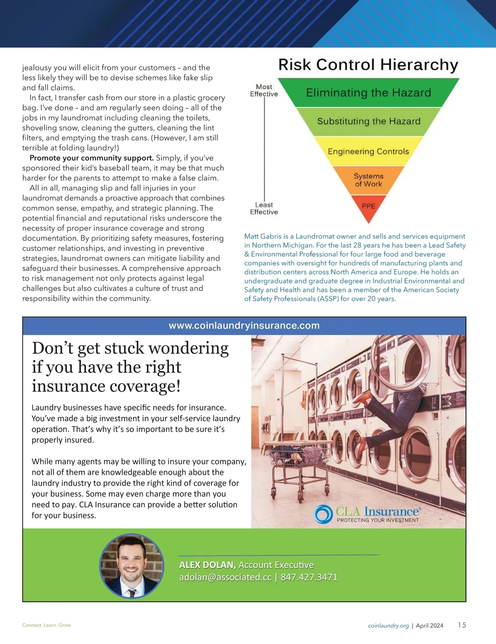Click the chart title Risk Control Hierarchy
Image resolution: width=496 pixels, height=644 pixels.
(x=368, y=65)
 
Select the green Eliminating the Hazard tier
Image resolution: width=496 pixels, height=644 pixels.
(x=368, y=93)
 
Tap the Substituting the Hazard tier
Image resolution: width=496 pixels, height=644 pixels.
(x=369, y=121)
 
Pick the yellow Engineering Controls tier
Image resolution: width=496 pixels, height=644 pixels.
(x=368, y=151)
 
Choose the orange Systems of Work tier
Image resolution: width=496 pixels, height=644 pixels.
(x=368, y=180)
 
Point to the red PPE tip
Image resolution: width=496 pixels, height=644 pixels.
(x=368, y=206)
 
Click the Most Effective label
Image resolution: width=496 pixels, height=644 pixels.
(x=264, y=91)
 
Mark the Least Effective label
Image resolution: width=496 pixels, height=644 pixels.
(x=264, y=208)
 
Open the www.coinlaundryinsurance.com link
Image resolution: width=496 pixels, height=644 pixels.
(x=244, y=326)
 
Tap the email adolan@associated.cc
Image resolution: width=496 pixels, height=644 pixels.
(x=225, y=577)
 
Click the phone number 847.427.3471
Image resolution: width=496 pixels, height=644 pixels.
(x=309, y=577)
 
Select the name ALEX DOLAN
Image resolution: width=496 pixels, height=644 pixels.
(x=207, y=565)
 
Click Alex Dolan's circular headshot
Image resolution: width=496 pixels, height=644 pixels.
(x=132, y=565)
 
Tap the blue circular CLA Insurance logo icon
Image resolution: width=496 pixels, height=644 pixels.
(x=324, y=514)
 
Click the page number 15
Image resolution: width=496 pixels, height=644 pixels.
(x=462, y=625)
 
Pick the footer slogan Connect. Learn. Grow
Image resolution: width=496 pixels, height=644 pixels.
(x=46, y=625)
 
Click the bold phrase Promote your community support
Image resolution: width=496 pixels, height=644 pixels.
(x=91, y=158)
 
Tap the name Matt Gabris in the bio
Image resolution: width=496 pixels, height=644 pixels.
(x=263, y=236)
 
